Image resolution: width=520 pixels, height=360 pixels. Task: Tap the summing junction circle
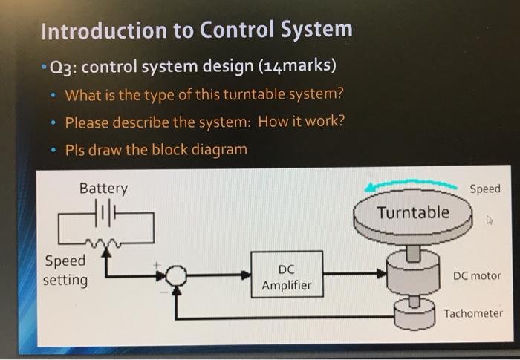tap(176, 276)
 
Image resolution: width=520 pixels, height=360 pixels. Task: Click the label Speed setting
tap(66, 271)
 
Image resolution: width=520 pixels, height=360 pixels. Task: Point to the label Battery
tap(103, 189)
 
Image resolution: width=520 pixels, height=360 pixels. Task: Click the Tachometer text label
tap(473, 313)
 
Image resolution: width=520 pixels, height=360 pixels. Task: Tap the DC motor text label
tap(476, 276)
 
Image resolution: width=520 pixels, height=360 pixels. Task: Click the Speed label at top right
tap(485, 189)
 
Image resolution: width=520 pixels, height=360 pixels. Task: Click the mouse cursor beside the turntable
tap(489, 220)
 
